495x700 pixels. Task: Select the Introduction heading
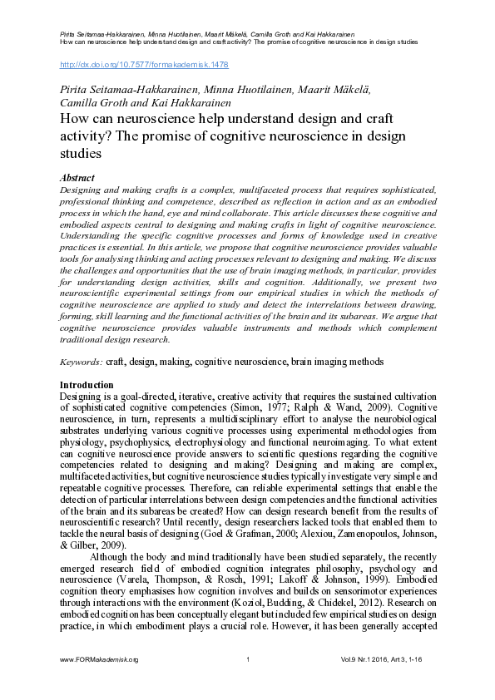point(87,385)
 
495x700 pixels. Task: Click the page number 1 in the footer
point(248,683)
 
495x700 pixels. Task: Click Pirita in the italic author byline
point(74,88)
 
